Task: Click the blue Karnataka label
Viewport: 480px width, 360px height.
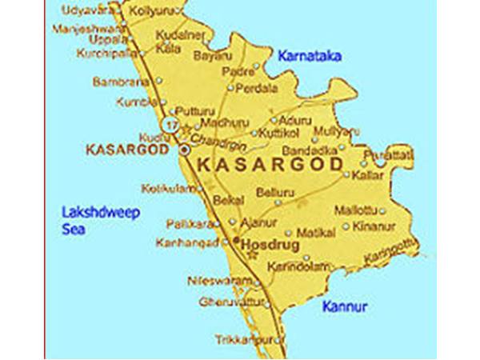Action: point(310,56)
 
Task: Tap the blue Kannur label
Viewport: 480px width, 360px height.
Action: point(344,306)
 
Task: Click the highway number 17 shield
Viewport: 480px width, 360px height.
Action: point(169,125)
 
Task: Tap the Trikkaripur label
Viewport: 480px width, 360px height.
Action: point(243,341)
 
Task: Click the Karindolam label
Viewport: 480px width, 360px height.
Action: point(277,266)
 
